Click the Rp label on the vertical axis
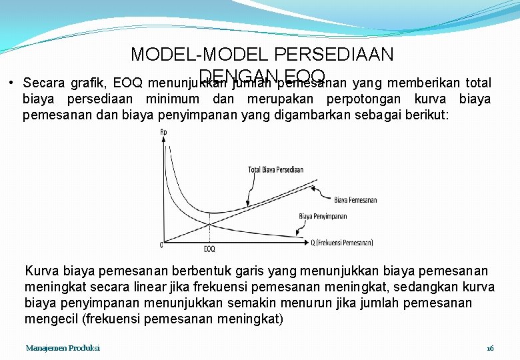pyautogui.click(x=164, y=132)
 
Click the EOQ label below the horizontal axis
pyautogui.click(x=209, y=249)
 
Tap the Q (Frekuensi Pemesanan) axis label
pyautogui.click(x=343, y=243)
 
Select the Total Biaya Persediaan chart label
pyautogui.click(x=275, y=169)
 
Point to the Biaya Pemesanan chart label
pyautogui.click(x=355, y=200)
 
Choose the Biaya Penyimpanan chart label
pyautogui.click(x=323, y=216)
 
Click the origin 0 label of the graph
pyautogui.click(x=160, y=244)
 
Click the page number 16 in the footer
pyautogui.click(x=490, y=349)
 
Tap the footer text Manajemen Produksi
pyautogui.click(x=63, y=349)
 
